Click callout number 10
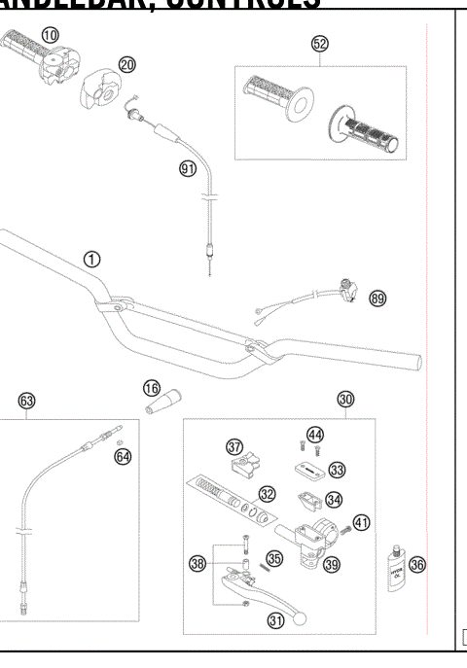point(49,34)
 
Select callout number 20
point(127,64)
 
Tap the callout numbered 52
point(320,43)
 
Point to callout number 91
point(188,168)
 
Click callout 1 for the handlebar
point(90,259)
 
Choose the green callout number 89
point(377,299)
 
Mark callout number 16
point(151,387)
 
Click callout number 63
point(26,401)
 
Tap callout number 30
point(345,399)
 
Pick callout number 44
point(315,434)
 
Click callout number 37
point(234,446)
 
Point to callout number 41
point(361,523)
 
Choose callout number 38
point(198,562)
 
